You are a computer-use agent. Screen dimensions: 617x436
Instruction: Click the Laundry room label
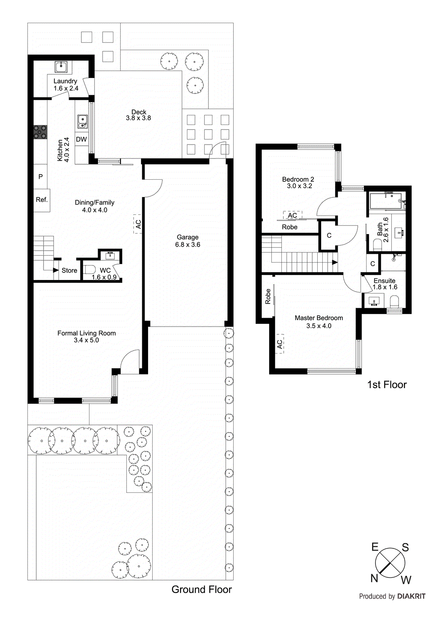click(65, 81)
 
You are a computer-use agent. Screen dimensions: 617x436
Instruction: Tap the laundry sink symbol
click(61, 67)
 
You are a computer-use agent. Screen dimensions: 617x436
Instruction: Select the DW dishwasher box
click(81, 139)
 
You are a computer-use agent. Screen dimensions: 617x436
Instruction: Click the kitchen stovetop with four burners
click(40, 132)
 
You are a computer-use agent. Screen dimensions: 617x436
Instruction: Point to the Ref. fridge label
click(42, 200)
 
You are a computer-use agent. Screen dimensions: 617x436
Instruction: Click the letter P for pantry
click(40, 177)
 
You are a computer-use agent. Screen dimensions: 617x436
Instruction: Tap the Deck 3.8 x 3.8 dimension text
click(138, 118)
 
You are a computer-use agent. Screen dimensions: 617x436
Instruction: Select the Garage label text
click(188, 237)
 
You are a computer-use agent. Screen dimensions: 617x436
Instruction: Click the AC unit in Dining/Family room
click(138, 224)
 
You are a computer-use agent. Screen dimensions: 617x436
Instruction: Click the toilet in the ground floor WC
click(89, 269)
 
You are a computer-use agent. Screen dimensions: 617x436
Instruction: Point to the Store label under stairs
click(69, 271)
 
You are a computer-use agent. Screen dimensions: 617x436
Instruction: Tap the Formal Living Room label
click(86, 333)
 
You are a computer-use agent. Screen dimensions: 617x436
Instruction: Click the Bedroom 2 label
click(298, 179)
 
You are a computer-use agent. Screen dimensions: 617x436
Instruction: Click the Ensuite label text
click(384, 281)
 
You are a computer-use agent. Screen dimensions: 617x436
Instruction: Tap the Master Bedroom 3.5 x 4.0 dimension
click(319, 326)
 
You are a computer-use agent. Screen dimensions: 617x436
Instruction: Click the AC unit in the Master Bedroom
click(280, 344)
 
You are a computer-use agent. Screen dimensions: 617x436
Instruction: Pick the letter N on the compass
click(374, 578)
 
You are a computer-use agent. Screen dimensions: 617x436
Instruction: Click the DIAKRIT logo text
click(411, 596)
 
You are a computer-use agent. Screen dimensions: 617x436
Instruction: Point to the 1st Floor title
click(387, 385)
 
